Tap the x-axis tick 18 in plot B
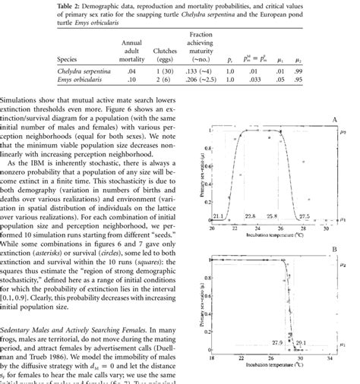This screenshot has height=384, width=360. [x=210, y=356]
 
